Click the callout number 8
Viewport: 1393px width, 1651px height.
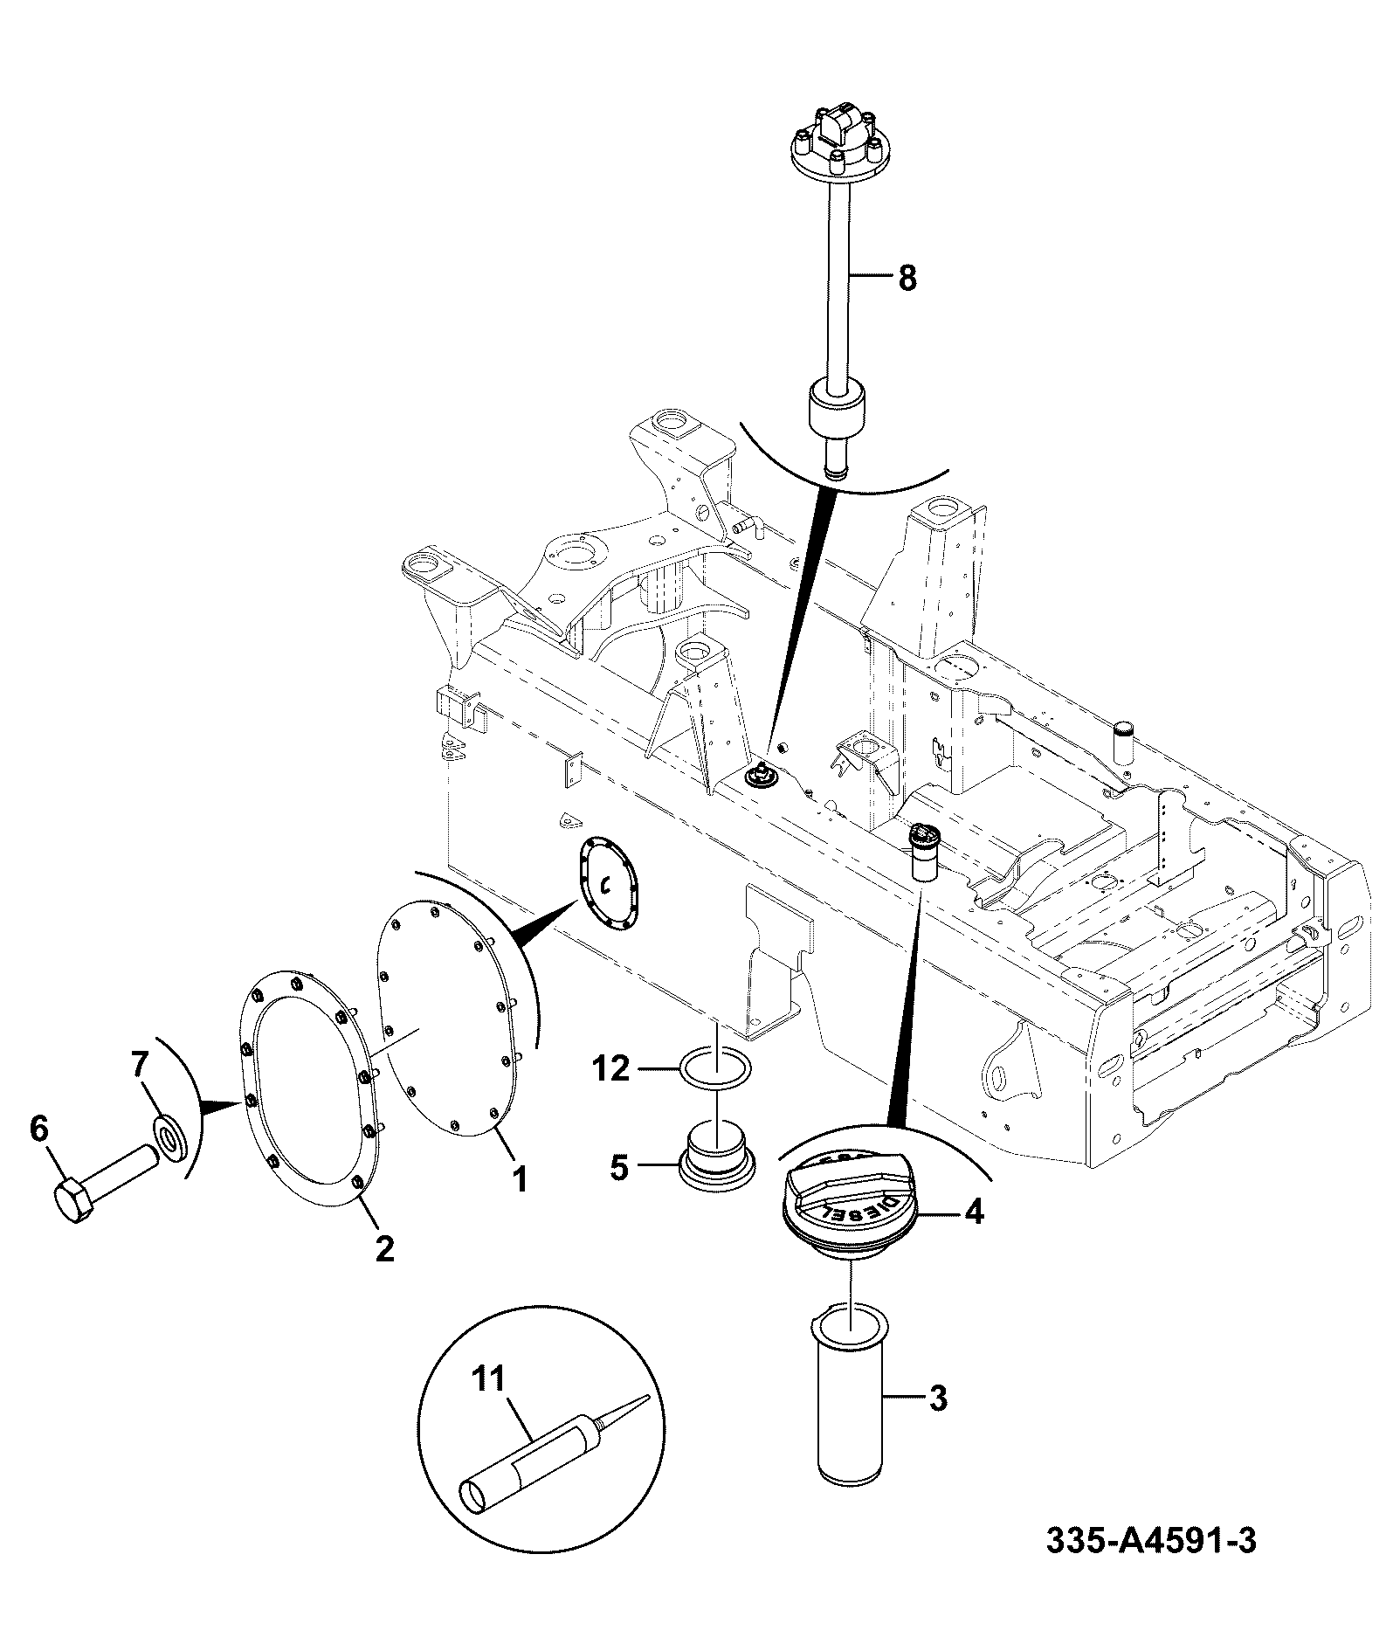(907, 279)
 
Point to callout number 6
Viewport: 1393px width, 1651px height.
(38, 1129)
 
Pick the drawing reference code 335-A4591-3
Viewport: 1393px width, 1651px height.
(1151, 1541)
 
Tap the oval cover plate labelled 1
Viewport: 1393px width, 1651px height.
(449, 1019)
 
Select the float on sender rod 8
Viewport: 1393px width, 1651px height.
(837, 408)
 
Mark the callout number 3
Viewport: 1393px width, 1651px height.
(937, 1399)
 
